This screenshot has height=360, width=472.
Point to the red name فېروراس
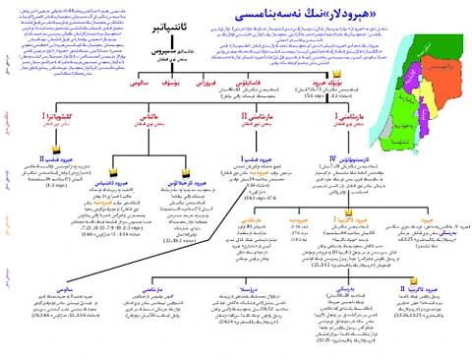204,85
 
